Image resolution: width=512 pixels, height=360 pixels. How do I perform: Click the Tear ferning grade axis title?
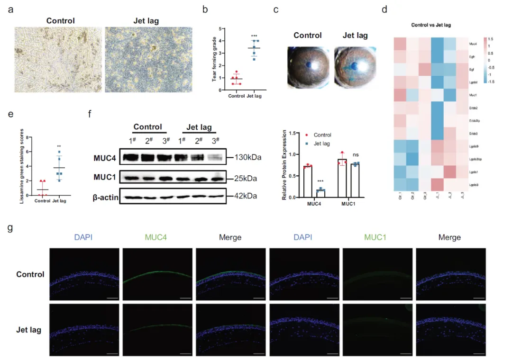click(x=214, y=59)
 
